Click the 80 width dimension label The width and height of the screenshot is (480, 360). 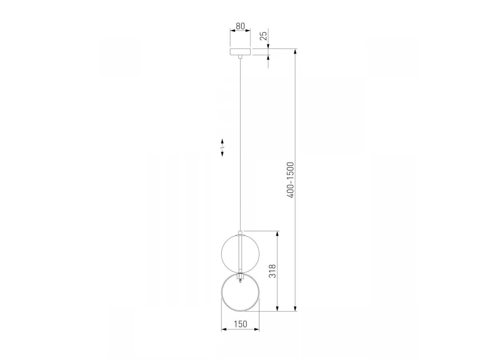(x=240, y=26)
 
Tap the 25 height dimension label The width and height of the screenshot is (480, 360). (x=264, y=36)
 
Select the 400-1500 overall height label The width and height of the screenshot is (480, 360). (x=291, y=180)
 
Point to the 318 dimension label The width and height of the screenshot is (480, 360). (x=272, y=271)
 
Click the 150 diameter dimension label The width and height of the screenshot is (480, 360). (x=240, y=324)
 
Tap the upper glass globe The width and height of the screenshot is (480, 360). (x=240, y=254)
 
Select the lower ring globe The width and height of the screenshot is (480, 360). (x=221, y=292)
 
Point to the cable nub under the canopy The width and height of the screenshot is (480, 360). (x=240, y=57)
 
